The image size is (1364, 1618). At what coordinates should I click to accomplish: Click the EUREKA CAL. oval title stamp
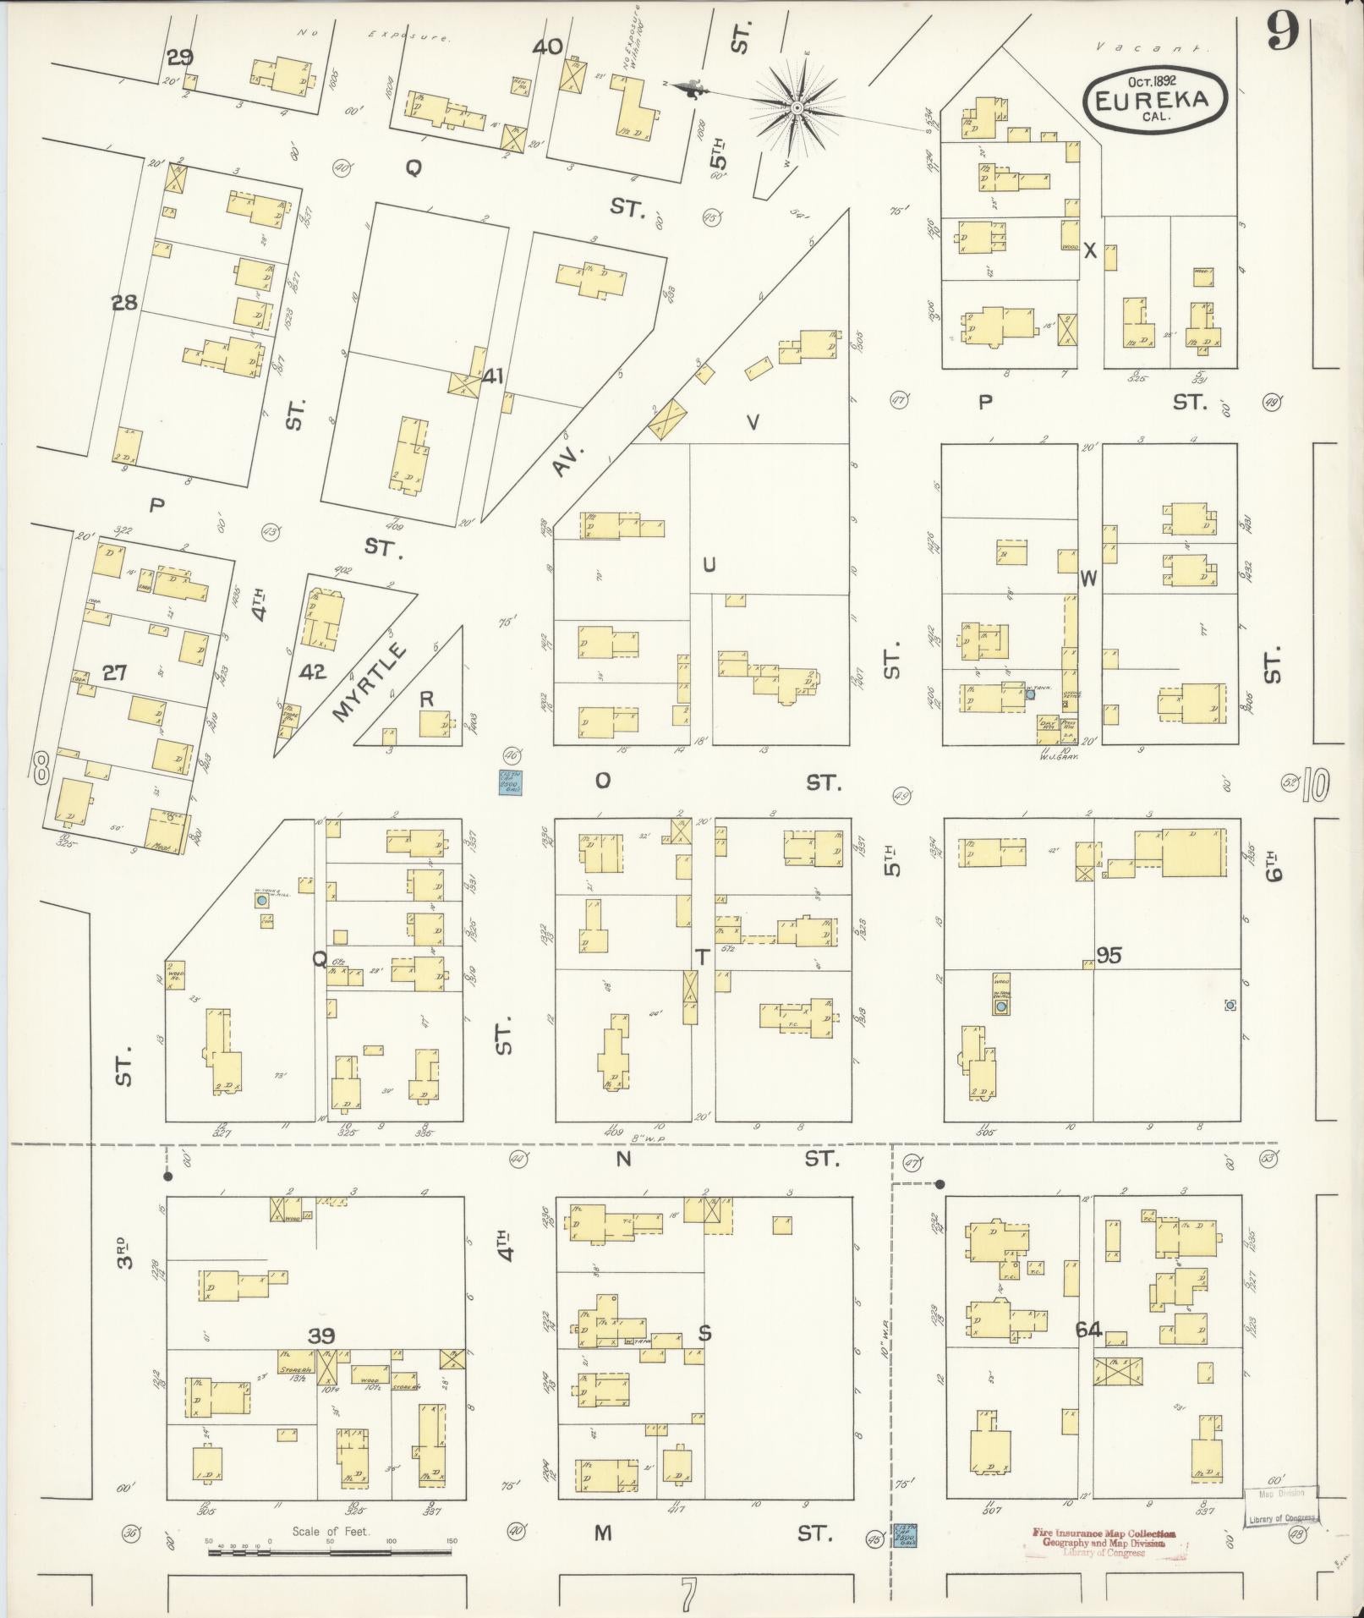pyautogui.click(x=1156, y=100)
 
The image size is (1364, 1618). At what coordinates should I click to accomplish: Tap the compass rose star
pyautogui.click(x=797, y=107)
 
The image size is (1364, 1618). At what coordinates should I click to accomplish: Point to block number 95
pyautogui.click(x=1109, y=955)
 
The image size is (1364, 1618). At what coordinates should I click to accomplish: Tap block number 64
pyautogui.click(x=1088, y=1330)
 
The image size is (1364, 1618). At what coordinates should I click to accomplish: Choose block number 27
pyautogui.click(x=115, y=672)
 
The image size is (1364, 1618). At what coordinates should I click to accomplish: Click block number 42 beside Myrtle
pyautogui.click(x=312, y=672)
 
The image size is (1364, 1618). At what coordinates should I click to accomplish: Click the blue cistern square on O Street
pyautogui.click(x=510, y=782)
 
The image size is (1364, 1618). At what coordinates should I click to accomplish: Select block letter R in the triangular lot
pyautogui.click(x=426, y=699)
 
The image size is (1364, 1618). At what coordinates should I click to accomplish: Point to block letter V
pyautogui.click(x=753, y=421)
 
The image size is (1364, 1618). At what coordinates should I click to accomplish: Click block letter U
pyautogui.click(x=709, y=564)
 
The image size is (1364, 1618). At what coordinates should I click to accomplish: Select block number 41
pyautogui.click(x=492, y=376)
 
